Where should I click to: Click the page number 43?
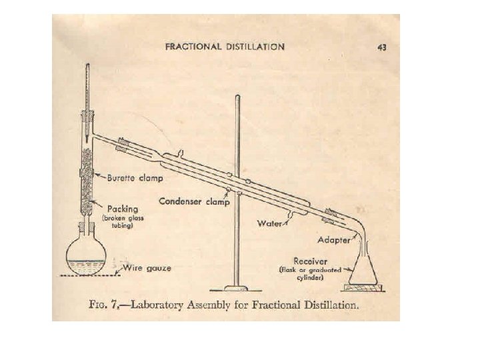pos(382,47)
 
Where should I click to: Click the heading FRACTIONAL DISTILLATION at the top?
pos(225,47)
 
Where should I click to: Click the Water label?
pos(270,223)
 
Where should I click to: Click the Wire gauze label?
pos(151,268)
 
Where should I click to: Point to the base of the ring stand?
pos(234,288)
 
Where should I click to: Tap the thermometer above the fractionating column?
pos(90,87)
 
